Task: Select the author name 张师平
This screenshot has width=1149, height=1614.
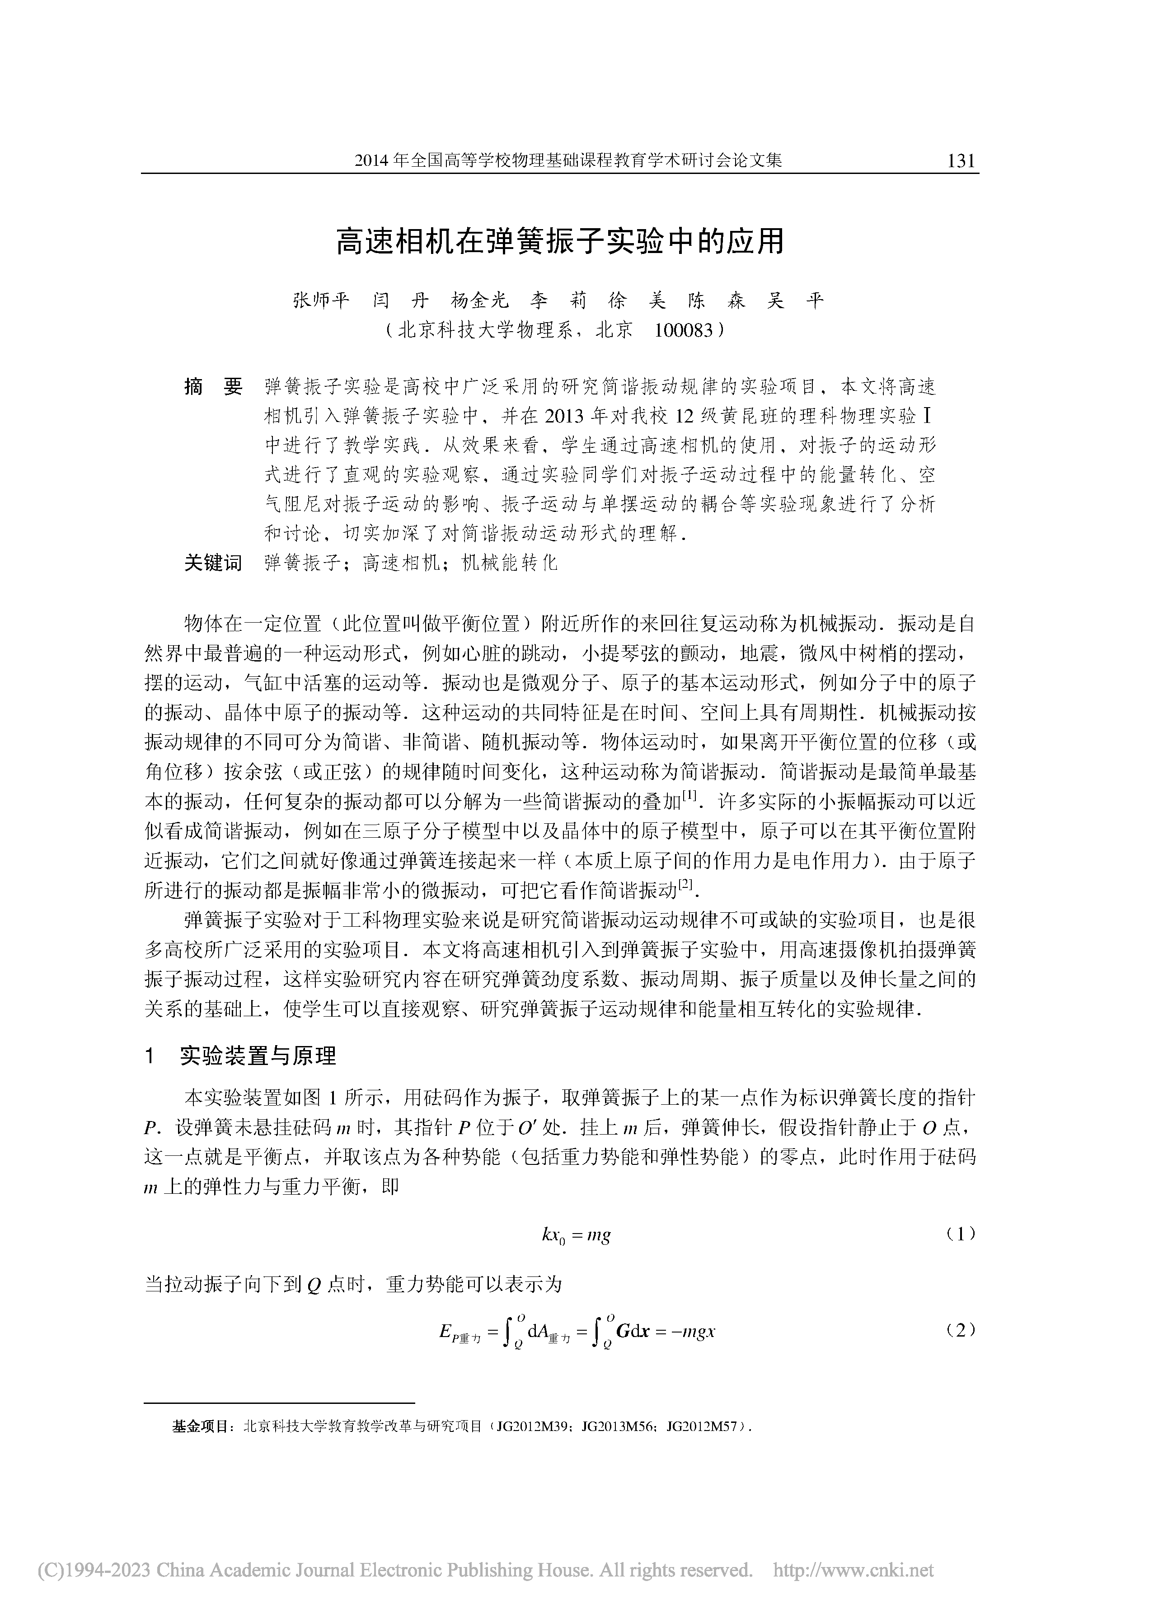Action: point(321,301)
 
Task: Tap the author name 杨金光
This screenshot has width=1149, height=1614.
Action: point(480,301)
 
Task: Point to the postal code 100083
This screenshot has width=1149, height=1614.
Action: point(684,330)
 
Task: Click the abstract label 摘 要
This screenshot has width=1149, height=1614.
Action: point(213,387)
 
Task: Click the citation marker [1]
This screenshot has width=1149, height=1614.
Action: point(690,798)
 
